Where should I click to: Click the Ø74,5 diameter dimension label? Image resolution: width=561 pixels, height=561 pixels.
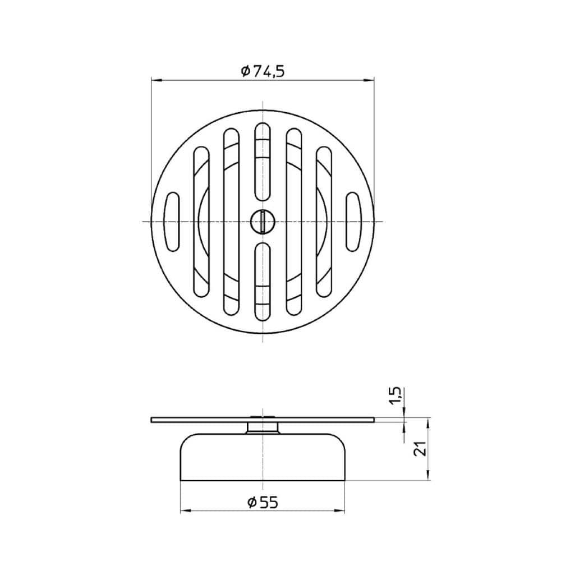(263, 72)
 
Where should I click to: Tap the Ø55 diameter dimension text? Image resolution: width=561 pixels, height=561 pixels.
(263, 503)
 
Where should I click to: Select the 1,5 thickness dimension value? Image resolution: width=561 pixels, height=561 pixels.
(397, 397)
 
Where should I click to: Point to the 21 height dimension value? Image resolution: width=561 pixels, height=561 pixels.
(420, 448)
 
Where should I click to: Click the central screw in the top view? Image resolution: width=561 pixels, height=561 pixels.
(263, 222)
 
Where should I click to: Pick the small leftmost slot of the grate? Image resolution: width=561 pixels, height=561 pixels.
(172, 222)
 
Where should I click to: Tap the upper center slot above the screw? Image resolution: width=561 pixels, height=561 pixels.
(263, 162)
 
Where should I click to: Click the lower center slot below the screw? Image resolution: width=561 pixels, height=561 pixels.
(263, 281)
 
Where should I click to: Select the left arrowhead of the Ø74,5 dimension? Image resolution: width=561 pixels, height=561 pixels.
(157, 80)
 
